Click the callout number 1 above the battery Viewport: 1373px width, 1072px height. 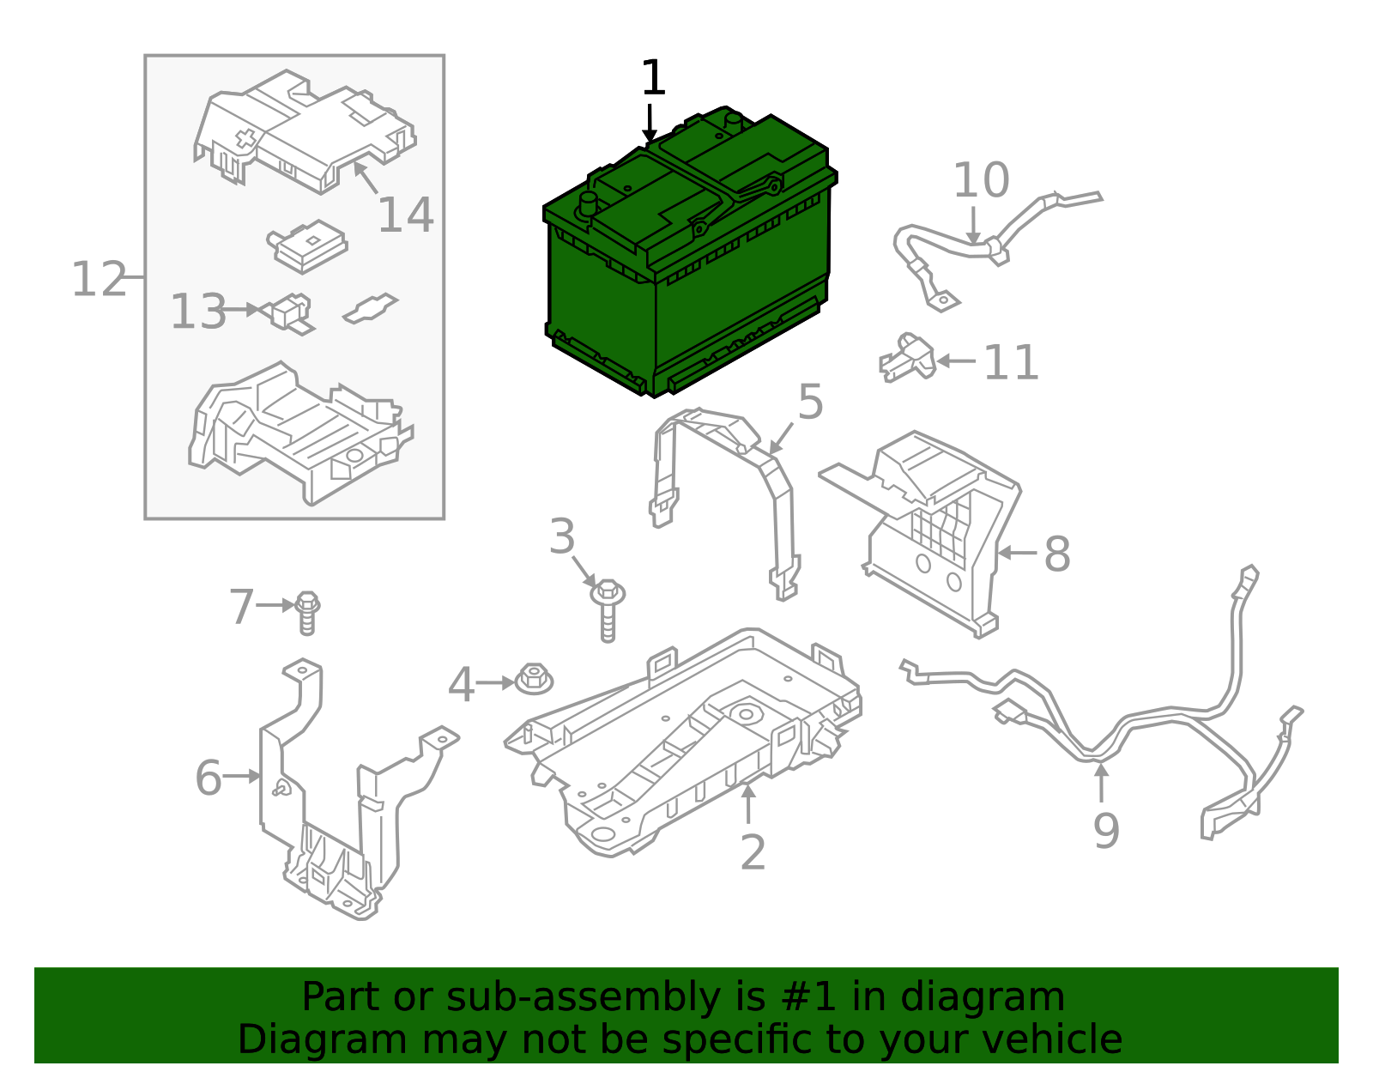click(x=653, y=79)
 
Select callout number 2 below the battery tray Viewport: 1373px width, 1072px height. click(x=752, y=852)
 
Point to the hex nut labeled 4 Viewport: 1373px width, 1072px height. click(x=534, y=681)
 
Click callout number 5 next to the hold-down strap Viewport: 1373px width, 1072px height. click(x=810, y=402)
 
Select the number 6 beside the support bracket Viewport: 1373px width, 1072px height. click(x=208, y=778)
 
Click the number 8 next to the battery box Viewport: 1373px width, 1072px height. click(x=1056, y=554)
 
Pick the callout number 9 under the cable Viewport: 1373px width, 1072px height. click(x=1105, y=831)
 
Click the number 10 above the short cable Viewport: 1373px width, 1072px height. click(x=981, y=181)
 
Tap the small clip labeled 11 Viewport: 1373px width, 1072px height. click(x=907, y=358)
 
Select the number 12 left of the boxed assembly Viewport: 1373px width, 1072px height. click(x=98, y=280)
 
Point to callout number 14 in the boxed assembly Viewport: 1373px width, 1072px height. click(x=405, y=215)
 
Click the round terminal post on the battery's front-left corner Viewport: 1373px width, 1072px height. click(x=589, y=204)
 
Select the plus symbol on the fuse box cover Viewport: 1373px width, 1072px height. click(x=246, y=141)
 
